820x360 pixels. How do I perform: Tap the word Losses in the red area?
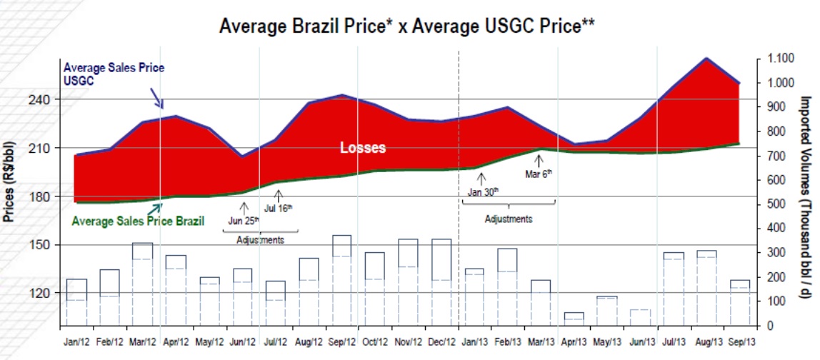362,149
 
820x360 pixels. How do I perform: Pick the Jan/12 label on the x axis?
77,342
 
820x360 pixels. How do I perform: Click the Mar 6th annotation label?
539,174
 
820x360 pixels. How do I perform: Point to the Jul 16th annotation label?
278,209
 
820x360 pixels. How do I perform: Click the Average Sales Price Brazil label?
139,221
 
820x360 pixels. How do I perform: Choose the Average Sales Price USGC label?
114,74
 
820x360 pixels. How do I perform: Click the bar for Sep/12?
341,280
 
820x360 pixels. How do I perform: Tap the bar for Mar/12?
142,284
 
